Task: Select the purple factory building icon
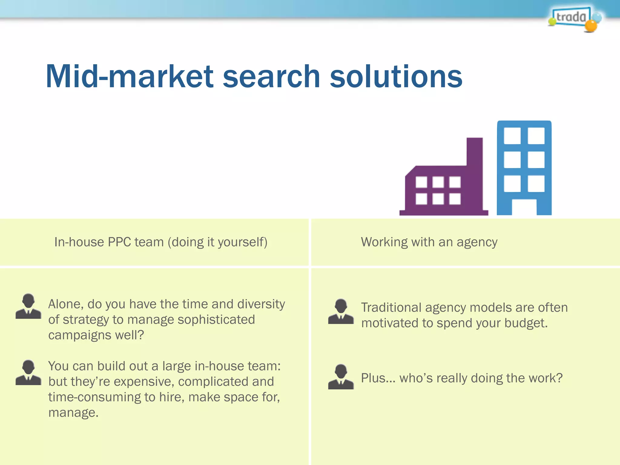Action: tap(444, 188)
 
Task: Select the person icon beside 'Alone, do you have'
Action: tap(28, 306)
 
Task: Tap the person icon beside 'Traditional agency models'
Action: tap(341, 312)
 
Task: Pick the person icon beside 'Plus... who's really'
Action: tap(341, 377)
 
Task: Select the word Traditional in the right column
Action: tap(391, 308)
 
